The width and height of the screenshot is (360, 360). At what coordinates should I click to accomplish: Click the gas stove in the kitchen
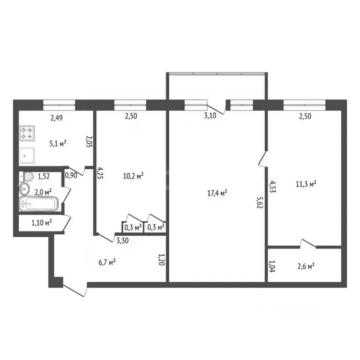pyautogui.click(x=27, y=133)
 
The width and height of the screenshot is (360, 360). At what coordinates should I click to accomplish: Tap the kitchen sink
pyautogui.click(x=27, y=156)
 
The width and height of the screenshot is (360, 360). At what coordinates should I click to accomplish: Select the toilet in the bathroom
pyautogui.click(x=26, y=177)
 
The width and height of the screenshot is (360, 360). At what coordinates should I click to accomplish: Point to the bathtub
pyautogui.click(x=38, y=203)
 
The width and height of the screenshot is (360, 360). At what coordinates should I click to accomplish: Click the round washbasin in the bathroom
pyautogui.click(x=24, y=189)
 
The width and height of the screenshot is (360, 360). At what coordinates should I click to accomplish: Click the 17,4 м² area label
pyautogui.click(x=217, y=193)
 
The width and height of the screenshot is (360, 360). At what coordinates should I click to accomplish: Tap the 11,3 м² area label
pyautogui.click(x=306, y=184)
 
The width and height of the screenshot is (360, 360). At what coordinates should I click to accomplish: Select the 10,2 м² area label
pyautogui.click(x=134, y=176)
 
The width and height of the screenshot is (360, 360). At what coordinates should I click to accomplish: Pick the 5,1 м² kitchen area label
pyautogui.click(x=58, y=143)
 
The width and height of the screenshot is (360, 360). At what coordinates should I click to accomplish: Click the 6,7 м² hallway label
pyautogui.click(x=107, y=262)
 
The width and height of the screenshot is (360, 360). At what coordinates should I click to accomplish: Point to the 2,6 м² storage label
pyautogui.click(x=306, y=266)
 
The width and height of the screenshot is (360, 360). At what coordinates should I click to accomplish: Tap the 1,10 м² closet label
pyautogui.click(x=42, y=222)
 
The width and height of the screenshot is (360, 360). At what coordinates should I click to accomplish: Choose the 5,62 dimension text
pyautogui.click(x=260, y=202)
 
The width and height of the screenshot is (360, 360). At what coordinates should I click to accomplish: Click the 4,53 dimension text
pyautogui.click(x=272, y=187)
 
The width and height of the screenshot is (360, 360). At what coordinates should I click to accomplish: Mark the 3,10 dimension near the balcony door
pyautogui.click(x=210, y=115)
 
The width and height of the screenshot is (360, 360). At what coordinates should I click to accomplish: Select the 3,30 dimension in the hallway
pyautogui.click(x=123, y=240)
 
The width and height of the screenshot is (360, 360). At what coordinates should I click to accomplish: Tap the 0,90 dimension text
pyautogui.click(x=71, y=175)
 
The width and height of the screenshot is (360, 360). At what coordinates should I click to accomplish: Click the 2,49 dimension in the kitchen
pyautogui.click(x=56, y=118)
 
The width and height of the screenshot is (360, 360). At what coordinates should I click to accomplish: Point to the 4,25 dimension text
pyautogui.click(x=100, y=173)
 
